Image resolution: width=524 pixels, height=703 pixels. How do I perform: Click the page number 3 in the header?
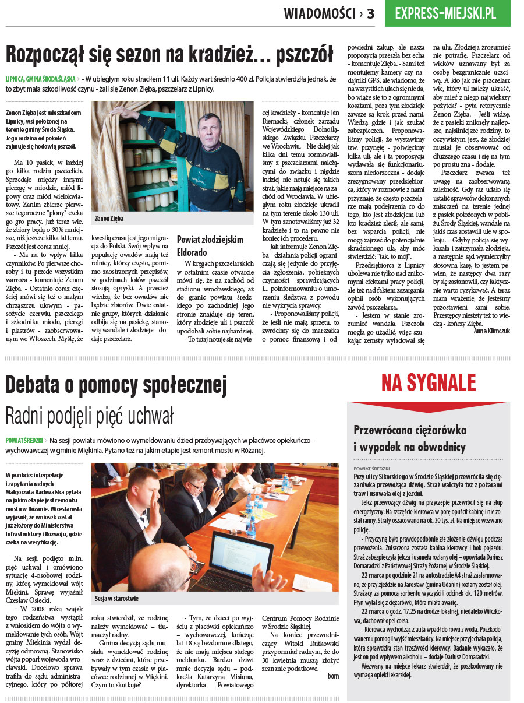coord(371,13)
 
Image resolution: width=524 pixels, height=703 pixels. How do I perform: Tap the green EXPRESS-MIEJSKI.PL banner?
coord(447,13)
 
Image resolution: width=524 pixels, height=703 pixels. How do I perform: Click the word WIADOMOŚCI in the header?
coord(319,13)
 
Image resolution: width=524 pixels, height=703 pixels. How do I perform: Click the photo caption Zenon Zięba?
coord(109,219)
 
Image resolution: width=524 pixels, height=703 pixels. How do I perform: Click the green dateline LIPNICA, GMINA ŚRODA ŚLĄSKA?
coord(40,78)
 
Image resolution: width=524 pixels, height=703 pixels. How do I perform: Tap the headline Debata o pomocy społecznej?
coord(116,385)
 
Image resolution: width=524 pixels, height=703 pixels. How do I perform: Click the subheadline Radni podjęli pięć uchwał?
coord(90,416)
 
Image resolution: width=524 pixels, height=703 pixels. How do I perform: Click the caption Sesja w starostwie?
coord(116,598)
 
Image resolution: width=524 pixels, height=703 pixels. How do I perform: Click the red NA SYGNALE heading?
coord(429,383)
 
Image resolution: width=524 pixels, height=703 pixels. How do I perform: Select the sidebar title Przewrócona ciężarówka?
coord(410,430)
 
